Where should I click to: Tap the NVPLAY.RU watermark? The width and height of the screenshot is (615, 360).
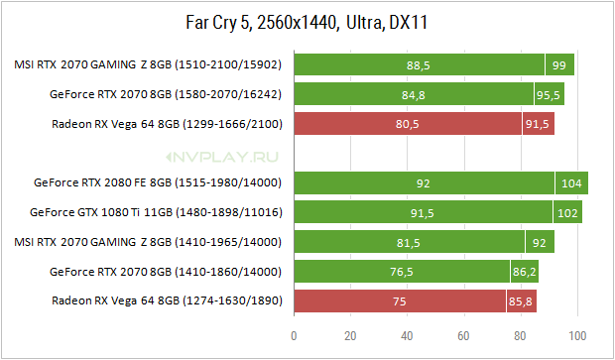point(222,158)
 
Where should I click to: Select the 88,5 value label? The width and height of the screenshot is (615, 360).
point(419,65)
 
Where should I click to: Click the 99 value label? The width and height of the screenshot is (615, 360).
point(558,65)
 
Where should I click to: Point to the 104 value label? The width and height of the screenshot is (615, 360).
point(571,183)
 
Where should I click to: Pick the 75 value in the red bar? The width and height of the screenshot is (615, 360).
point(400,301)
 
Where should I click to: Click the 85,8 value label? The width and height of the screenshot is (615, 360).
point(521,301)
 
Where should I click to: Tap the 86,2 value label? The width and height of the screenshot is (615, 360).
point(524,272)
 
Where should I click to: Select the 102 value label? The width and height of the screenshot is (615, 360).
point(567,213)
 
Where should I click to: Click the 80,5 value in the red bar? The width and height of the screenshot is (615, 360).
point(407,124)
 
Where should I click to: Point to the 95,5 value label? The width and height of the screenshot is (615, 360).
point(548,95)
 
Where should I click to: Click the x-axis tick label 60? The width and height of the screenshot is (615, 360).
point(463,335)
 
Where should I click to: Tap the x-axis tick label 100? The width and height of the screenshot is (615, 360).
point(577,335)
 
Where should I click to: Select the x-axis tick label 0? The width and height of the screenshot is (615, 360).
point(294,335)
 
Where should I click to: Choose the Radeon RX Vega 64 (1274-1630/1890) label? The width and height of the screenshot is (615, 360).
point(167,300)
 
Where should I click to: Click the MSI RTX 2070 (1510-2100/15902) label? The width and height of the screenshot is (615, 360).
point(148,64)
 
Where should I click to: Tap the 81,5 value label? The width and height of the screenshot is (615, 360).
point(409,243)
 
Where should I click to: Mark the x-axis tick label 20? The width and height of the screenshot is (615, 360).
point(350,335)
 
